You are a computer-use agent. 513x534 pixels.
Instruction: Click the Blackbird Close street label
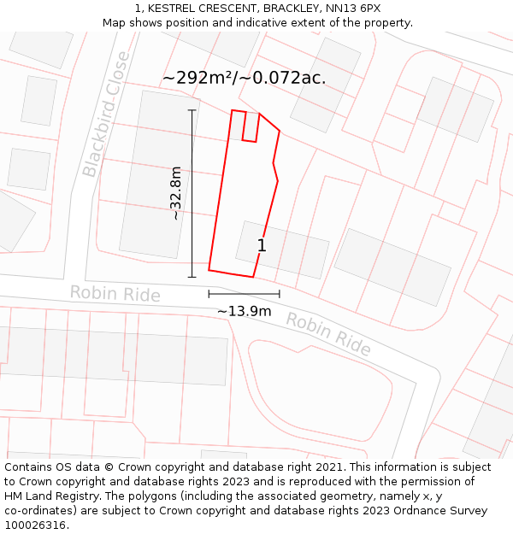106,114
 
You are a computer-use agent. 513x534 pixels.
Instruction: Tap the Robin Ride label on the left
115,294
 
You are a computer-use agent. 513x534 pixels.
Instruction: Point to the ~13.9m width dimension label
244,311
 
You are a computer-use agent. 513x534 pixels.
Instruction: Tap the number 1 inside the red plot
262,246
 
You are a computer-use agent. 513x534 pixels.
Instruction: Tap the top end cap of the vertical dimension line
192,110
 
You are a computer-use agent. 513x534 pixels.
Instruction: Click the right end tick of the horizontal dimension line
279,294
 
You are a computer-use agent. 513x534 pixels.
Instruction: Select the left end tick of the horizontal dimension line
209,294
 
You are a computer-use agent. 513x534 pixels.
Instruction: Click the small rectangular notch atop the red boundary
251,126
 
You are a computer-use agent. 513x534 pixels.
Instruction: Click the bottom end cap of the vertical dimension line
192,277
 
